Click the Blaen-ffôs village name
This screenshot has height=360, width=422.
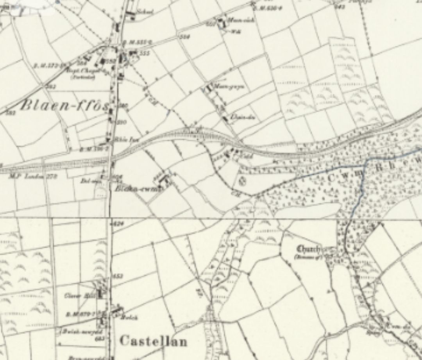tap(64, 106)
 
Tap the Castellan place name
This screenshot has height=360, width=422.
tap(153, 341)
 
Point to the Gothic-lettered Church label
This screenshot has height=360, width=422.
tap(309, 249)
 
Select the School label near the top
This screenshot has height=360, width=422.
tap(144, 12)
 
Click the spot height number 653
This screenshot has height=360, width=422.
tap(118, 276)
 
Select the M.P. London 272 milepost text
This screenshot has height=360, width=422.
tap(33, 177)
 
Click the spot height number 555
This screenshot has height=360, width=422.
tap(145, 53)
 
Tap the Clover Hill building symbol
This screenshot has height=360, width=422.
tap(102, 293)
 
